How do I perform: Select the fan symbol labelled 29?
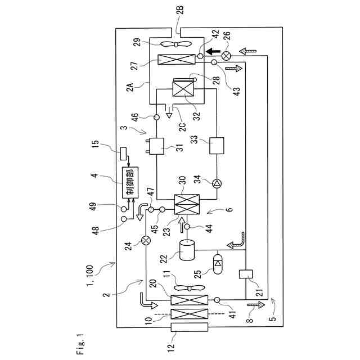(175, 44)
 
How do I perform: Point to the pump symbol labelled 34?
(215, 182)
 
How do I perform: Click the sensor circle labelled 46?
(157, 117)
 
